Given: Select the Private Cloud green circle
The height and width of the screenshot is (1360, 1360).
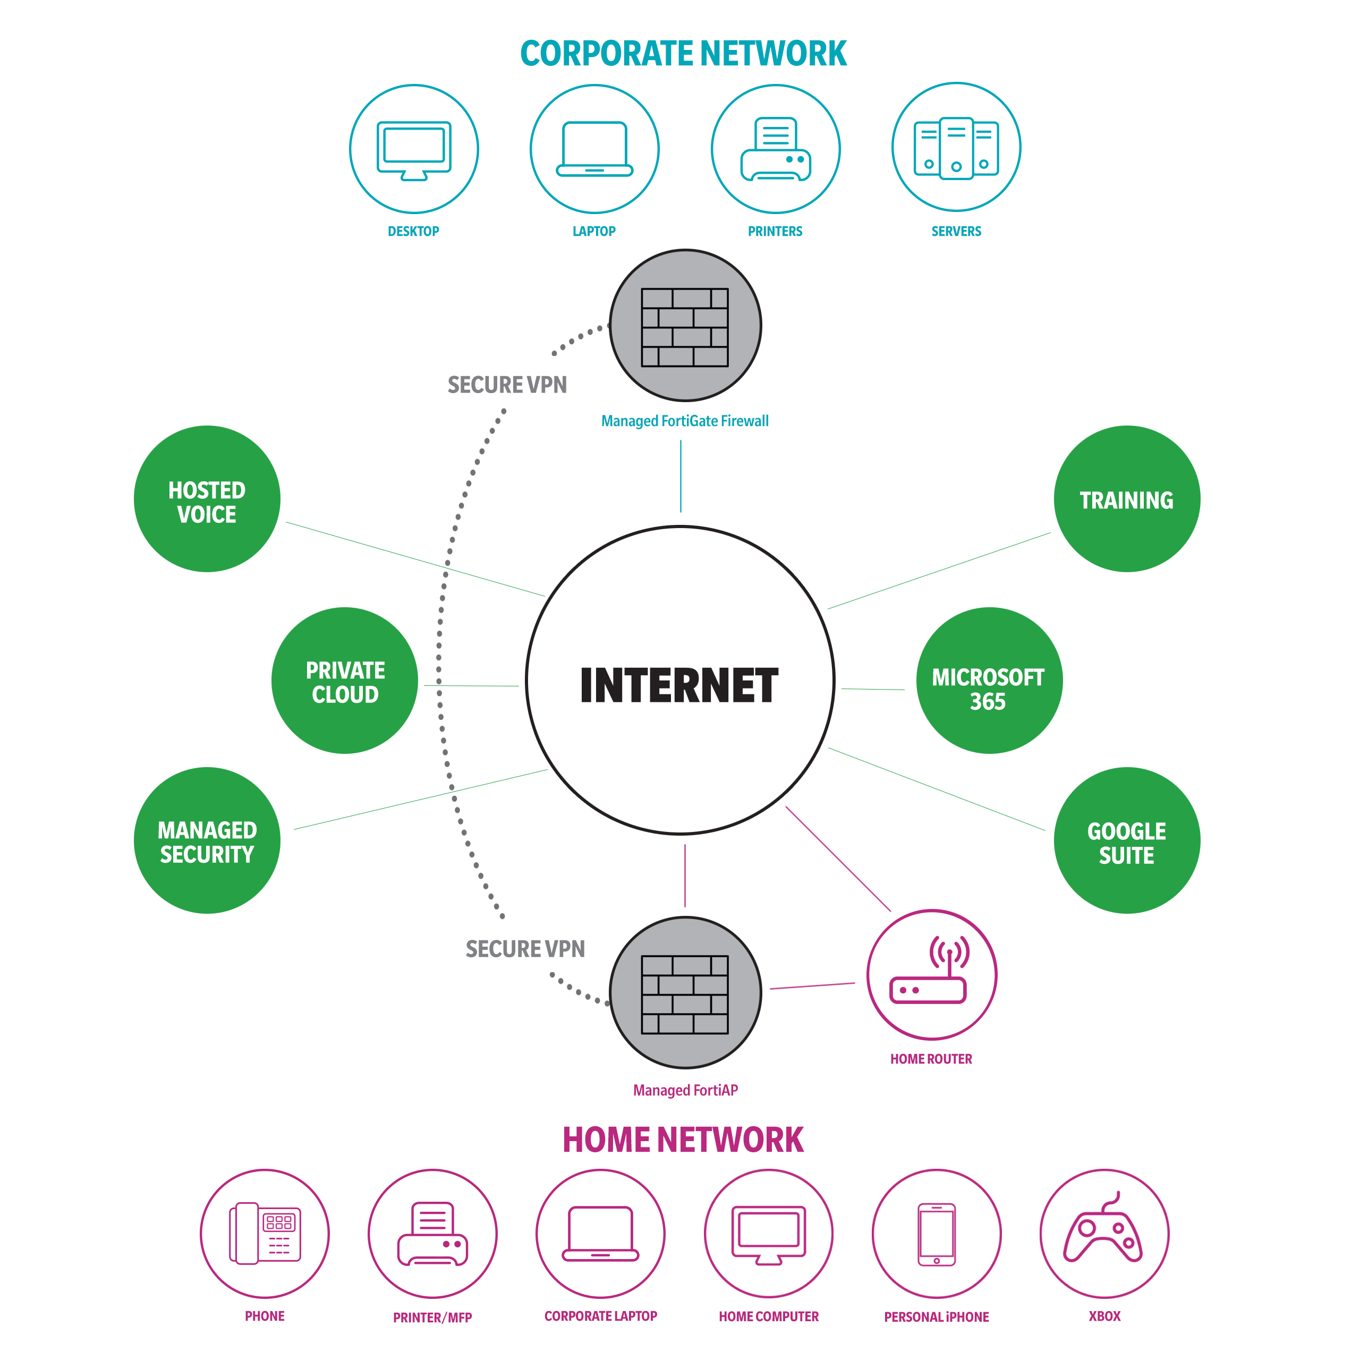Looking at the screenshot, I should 344,680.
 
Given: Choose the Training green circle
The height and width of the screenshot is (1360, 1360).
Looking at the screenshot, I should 1126,499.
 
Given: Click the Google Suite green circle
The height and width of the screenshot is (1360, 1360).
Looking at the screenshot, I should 1126,840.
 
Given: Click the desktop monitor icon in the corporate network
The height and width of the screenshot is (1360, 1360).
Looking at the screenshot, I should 414,149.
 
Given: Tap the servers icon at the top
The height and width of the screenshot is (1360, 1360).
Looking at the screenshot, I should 956,148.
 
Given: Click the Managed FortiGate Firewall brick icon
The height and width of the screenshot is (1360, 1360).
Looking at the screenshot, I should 685,327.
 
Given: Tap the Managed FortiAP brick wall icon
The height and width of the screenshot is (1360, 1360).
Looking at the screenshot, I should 685,994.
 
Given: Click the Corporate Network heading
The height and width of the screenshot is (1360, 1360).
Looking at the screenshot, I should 683,54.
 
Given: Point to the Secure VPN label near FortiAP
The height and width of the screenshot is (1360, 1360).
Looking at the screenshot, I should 525,949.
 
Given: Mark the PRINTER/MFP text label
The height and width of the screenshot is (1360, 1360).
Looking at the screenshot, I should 432,1317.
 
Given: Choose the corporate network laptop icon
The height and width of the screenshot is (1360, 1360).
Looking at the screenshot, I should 594,149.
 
